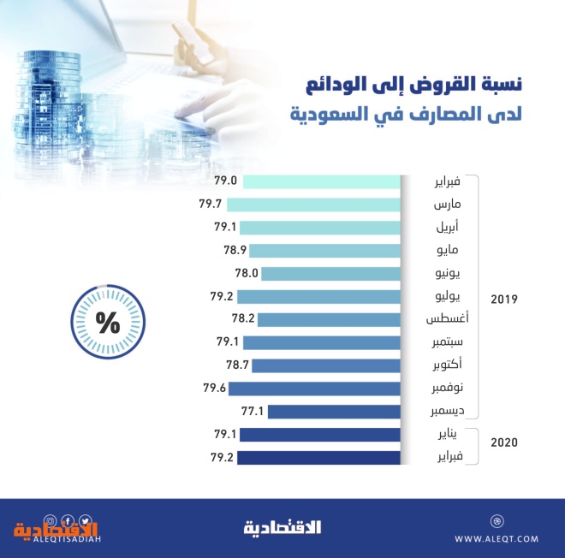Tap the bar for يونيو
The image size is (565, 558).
(330, 274)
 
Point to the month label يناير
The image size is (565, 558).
(449, 435)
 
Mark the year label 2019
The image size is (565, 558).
(504, 300)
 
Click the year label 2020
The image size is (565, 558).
(504, 442)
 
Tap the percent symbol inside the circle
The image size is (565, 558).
(108, 323)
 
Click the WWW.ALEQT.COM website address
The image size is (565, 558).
(497, 538)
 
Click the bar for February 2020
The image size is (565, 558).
(319, 458)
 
